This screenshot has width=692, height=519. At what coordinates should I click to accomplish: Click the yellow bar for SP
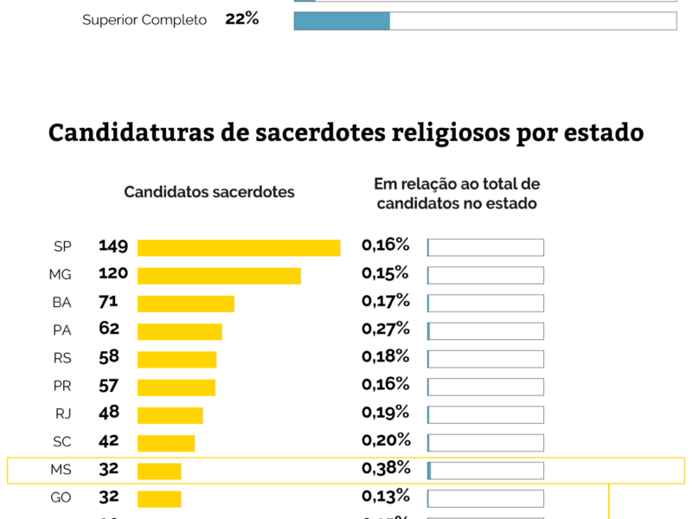239,247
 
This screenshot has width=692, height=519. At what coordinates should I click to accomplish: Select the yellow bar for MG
219,276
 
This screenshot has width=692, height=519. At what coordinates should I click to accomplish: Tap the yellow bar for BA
186,304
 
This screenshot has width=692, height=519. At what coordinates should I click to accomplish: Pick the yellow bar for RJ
170,415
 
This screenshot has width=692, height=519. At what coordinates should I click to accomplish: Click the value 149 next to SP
113,247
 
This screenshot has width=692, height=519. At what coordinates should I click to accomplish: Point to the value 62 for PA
109,330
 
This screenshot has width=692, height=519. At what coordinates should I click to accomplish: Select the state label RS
62,358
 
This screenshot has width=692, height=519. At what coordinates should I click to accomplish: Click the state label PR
62,387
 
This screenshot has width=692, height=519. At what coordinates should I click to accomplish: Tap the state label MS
61,471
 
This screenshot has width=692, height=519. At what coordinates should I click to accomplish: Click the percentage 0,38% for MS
385,469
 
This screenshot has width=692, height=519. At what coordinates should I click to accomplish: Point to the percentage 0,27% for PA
385,329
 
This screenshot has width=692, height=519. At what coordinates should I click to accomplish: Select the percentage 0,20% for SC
385,440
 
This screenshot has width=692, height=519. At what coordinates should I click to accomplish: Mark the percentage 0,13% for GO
385,497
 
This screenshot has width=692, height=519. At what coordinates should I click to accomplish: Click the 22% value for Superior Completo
242,18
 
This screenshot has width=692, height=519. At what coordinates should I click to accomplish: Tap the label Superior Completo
144,20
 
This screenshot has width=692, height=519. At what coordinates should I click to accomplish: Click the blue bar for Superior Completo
342,21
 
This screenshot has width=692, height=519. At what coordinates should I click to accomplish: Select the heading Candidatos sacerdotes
209,192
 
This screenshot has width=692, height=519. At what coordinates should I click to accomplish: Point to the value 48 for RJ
109,413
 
